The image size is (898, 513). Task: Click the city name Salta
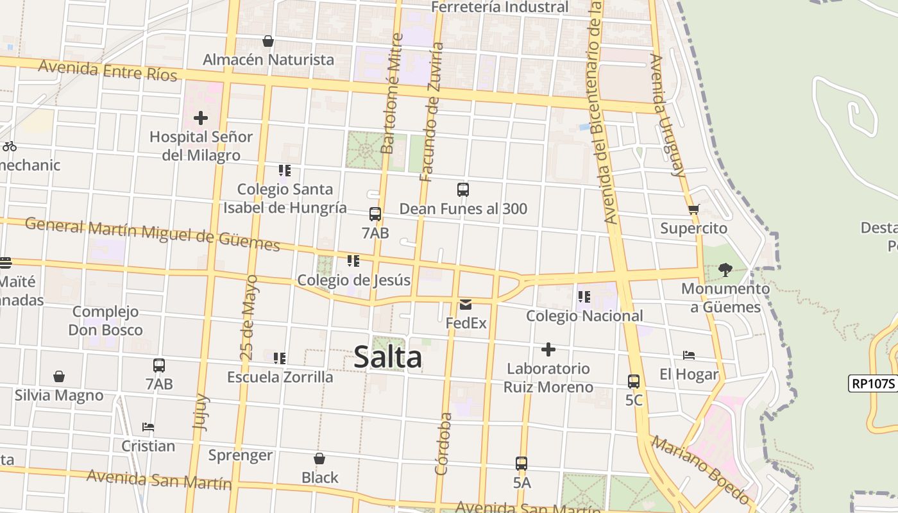(x=387, y=357)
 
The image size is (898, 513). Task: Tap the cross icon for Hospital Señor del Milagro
(x=201, y=118)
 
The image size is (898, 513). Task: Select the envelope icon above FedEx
(x=466, y=305)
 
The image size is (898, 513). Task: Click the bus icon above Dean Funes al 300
(x=463, y=190)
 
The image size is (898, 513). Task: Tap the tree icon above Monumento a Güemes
(x=725, y=270)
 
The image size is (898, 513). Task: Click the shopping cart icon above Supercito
(x=693, y=210)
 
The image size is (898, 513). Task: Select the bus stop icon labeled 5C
(x=634, y=382)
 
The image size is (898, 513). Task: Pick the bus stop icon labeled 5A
(x=521, y=464)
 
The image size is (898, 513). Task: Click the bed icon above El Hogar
(x=689, y=355)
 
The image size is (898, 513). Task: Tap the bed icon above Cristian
(x=148, y=427)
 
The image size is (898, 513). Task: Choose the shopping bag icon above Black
(x=319, y=458)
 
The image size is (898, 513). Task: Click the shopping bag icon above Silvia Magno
(x=59, y=376)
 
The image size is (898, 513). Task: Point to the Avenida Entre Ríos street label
(x=107, y=70)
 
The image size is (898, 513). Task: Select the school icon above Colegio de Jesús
(x=353, y=261)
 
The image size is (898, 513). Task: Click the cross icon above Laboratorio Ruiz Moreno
(x=548, y=349)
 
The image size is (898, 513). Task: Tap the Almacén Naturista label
(x=268, y=60)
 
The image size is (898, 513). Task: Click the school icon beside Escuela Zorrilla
(x=280, y=358)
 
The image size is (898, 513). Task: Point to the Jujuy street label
(x=201, y=411)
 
